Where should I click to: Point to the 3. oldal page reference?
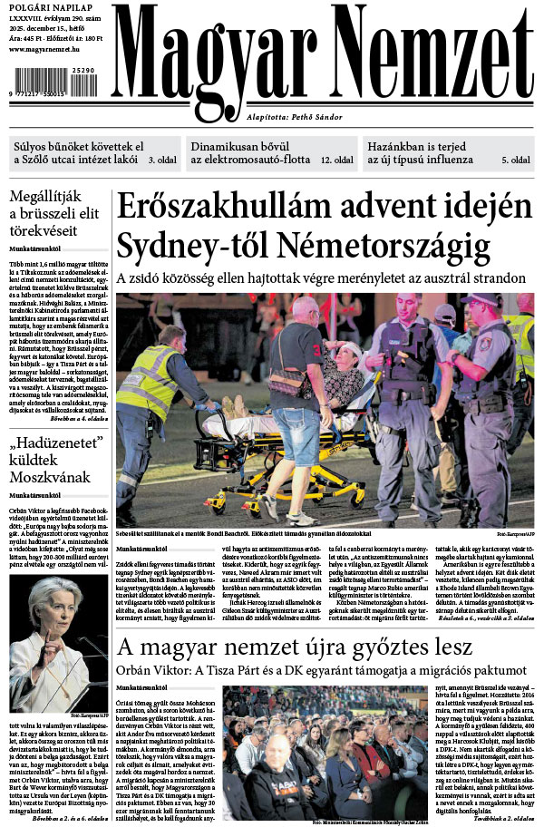162,160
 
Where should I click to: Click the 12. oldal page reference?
336,160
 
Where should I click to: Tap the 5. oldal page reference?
517,160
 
